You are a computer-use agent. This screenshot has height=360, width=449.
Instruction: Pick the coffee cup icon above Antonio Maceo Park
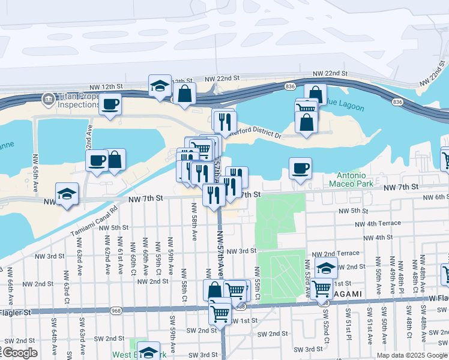300,167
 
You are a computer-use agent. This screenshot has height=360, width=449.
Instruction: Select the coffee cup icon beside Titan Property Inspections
110,103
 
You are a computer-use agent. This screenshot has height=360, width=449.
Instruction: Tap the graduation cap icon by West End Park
148,352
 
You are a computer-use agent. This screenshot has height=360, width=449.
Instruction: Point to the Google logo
19,353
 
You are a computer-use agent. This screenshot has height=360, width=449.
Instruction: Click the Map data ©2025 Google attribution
411,355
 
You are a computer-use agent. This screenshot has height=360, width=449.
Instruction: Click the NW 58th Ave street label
194,221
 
